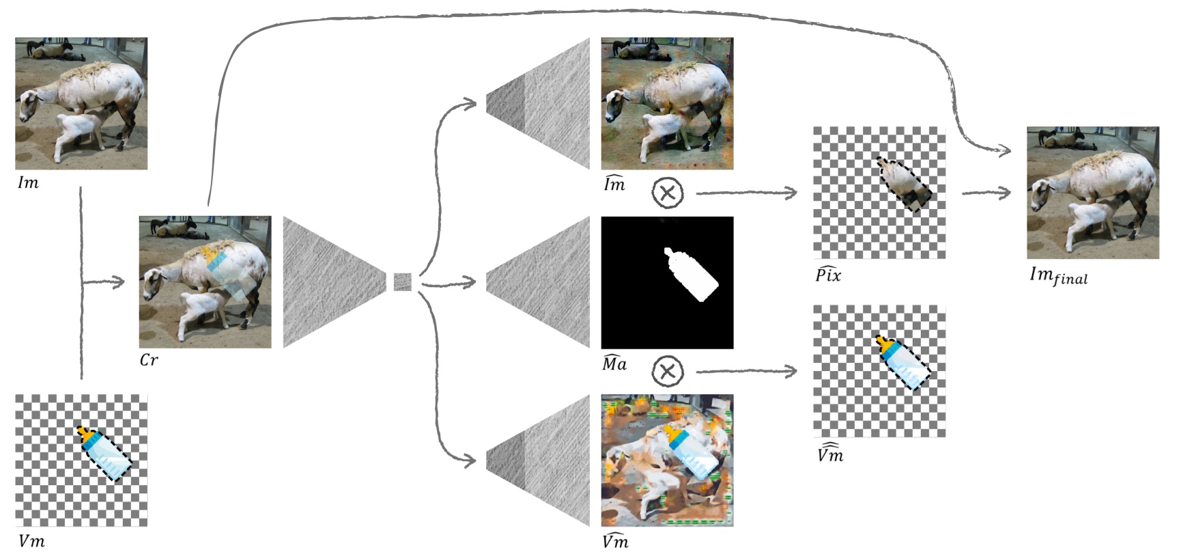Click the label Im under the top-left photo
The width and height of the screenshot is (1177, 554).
point(28,182)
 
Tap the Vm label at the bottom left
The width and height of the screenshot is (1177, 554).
point(31,541)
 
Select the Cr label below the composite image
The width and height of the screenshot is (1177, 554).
point(148,360)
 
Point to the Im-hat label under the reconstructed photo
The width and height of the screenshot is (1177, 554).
point(614,184)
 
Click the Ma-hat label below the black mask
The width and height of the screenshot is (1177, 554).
point(614,363)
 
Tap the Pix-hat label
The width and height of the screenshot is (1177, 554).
point(828,275)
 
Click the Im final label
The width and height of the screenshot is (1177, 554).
point(1058,275)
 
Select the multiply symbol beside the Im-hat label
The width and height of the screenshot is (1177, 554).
point(668,193)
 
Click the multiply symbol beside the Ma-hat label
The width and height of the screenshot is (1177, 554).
point(668,371)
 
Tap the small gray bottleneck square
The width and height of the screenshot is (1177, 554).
point(402,281)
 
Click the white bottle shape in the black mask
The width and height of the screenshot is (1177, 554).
point(691,275)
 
